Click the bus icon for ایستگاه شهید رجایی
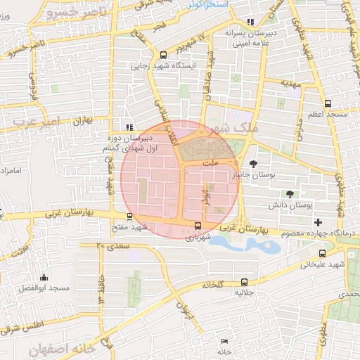[x=164, y=55]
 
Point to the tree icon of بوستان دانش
[x=289, y=194]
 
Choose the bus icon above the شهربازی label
[x=198, y=226]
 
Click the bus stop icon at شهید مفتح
[x=128, y=217]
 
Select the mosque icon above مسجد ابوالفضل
[x=44, y=277]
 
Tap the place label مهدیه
[x=290, y=83]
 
